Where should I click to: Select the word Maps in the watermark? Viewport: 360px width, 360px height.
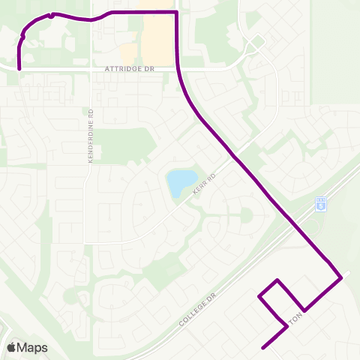[33, 347]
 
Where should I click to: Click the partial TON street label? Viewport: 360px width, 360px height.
[296, 317]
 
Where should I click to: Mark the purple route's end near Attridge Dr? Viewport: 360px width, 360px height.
[19, 70]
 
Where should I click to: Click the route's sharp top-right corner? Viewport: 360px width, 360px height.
[176, 12]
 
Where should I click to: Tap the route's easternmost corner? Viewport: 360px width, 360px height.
[342, 277]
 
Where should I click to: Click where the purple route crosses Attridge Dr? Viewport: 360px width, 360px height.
[178, 67]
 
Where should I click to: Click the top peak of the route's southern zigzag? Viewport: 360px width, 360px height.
[278, 280]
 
